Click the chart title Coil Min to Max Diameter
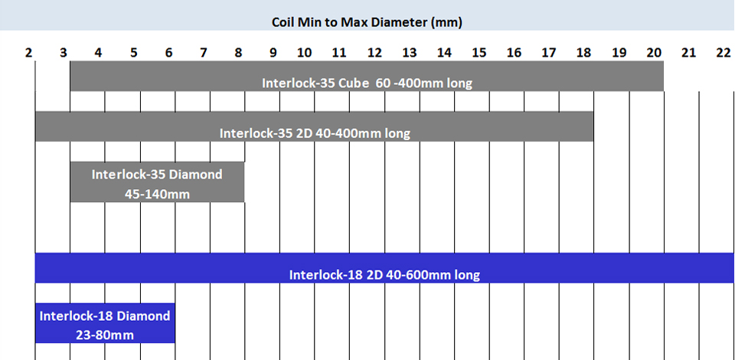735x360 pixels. (367, 21)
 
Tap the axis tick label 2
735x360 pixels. (28, 53)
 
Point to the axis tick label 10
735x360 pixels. (304, 53)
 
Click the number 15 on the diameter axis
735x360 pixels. (479, 53)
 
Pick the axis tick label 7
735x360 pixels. (203, 53)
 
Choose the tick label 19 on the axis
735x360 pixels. (619, 53)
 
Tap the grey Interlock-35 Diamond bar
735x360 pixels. (157, 182)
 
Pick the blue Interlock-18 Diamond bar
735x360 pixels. (105, 322)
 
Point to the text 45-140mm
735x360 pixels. (157, 194)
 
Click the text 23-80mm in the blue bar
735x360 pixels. (105, 335)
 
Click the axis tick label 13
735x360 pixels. (410, 53)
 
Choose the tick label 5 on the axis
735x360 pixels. (133, 53)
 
